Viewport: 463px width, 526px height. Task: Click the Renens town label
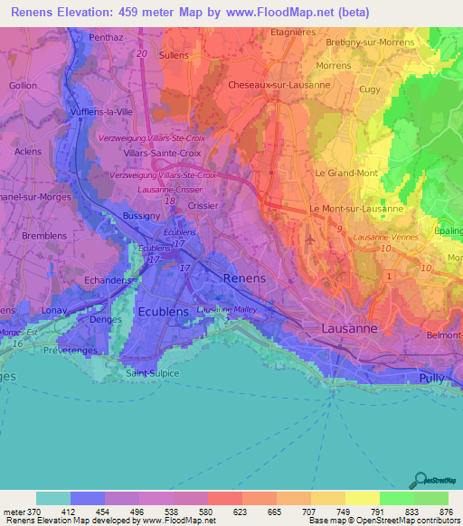pyautogui.click(x=244, y=278)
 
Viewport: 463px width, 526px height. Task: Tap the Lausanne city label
pyautogui.click(x=349, y=329)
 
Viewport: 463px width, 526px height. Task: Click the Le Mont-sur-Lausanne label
pyautogui.click(x=356, y=208)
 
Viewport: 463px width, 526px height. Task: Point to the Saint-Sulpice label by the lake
pyautogui.click(x=152, y=373)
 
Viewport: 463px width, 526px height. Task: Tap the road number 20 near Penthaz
pyautogui.click(x=142, y=54)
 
